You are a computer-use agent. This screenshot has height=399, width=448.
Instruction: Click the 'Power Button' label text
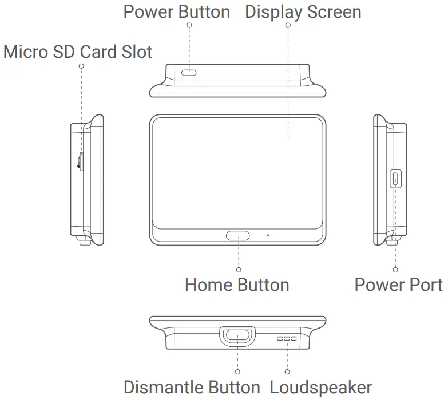coord(177,12)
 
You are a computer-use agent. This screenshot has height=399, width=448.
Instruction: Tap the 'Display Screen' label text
coord(303,12)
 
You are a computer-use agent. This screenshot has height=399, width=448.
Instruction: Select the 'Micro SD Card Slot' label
coord(78,52)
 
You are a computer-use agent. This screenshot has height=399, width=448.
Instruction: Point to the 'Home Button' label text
coord(237,285)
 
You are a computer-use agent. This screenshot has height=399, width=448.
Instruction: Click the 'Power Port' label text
coord(398,285)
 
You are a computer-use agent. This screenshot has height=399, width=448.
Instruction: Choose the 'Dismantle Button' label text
coord(192,388)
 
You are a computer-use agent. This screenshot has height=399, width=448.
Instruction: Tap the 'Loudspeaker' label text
coord(321,388)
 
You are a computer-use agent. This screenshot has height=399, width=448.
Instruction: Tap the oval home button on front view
coord(238,235)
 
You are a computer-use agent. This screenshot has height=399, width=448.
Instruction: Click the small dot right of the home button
coord(268,235)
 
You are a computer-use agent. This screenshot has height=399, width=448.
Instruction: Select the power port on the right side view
coord(395,179)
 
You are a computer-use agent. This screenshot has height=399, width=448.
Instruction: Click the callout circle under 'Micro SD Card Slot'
coord(81,66)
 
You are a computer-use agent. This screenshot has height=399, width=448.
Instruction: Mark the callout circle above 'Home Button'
coord(239,269)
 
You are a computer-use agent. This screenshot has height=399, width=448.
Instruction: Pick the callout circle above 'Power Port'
coord(395,269)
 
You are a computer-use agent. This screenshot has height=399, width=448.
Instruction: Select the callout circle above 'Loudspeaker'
coord(287,372)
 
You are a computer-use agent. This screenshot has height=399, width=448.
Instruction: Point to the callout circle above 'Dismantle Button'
coord(238,372)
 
